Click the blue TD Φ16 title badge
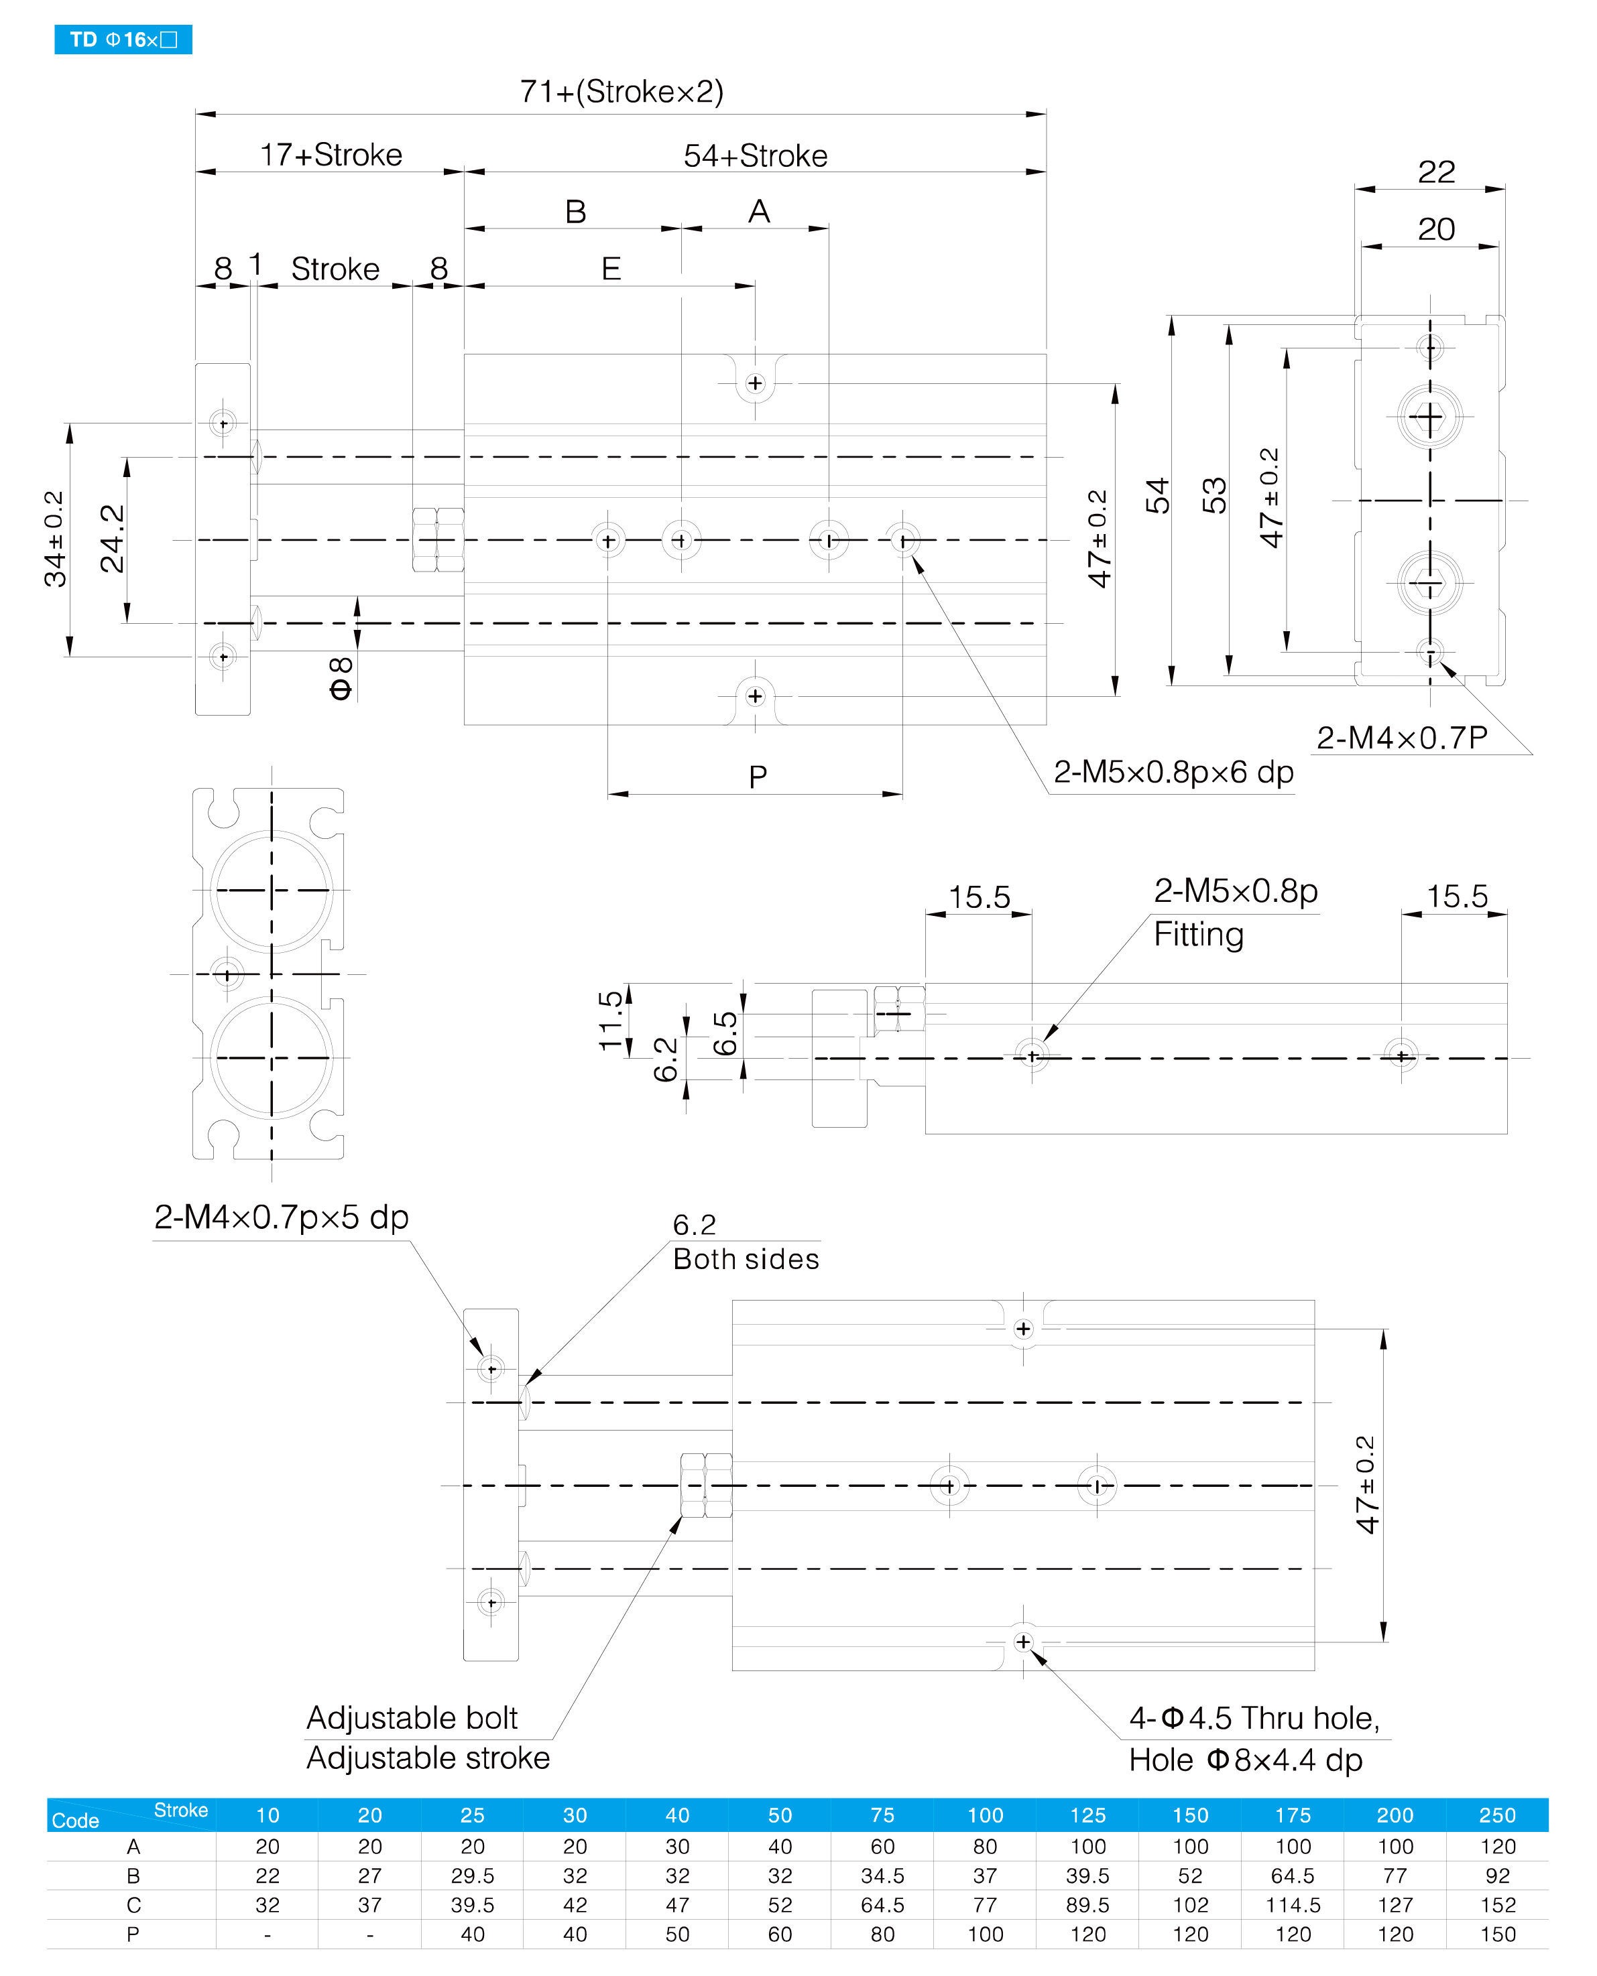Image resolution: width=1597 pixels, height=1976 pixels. pos(123,40)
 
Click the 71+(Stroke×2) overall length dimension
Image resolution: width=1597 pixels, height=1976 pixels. pos(622,92)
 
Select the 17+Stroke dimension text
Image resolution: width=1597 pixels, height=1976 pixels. pos(331,155)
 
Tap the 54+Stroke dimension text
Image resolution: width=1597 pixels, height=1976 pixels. pos(756,155)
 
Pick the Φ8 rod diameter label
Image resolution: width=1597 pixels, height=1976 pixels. pos(341,679)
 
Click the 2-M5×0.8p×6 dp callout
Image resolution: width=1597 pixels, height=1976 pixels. pos(1174,771)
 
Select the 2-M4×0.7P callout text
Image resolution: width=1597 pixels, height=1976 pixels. pos(1402,738)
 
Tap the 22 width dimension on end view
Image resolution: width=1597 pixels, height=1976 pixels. pos(1436,172)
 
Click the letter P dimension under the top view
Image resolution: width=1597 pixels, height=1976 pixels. pos(758,777)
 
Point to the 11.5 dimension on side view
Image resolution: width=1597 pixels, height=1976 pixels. pos(611,1020)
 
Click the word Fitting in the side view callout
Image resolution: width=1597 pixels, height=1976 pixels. pos(1199,934)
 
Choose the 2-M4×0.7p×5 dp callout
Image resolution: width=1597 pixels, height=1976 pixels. pos(282,1217)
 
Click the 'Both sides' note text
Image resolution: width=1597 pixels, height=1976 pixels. pos(746,1259)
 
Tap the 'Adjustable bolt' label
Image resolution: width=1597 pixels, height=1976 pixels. pos(412,1717)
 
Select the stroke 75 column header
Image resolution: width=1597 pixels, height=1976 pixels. pos(882,1815)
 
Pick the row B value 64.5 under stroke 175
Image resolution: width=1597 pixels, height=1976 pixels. pos(1293,1875)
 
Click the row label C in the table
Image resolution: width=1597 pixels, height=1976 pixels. pos(133,1905)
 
